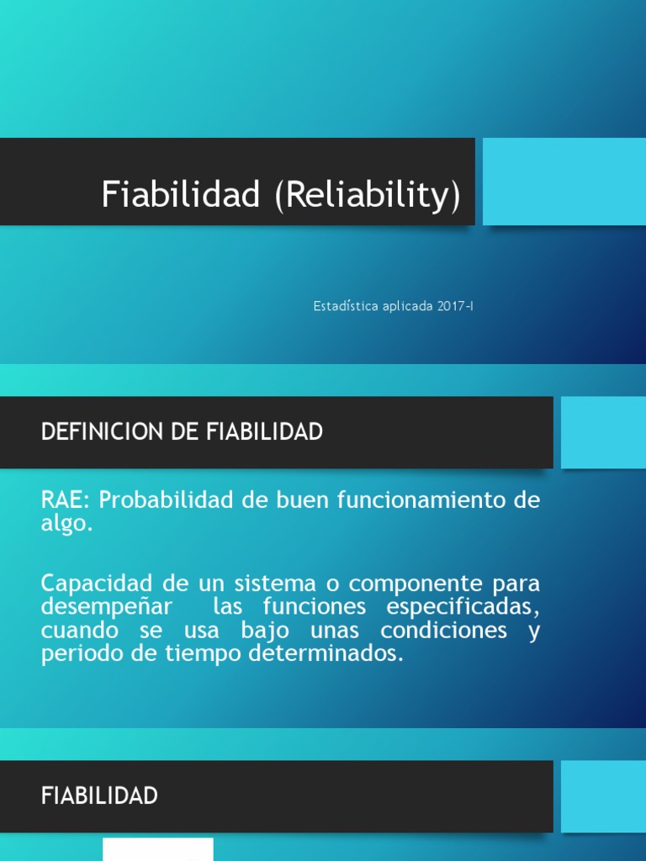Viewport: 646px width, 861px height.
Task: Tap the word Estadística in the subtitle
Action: point(345,306)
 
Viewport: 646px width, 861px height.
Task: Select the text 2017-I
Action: point(455,306)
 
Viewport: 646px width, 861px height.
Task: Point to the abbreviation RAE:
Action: point(66,500)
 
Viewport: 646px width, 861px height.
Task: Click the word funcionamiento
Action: point(421,500)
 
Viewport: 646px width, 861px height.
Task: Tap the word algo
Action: point(64,525)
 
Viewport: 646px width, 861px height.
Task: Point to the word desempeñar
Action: point(107,606)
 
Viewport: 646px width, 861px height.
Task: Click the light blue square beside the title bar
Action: point(564,182)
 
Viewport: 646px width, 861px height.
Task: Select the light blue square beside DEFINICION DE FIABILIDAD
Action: point(602,432)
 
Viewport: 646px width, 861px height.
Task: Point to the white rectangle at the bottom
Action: point(158,849)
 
